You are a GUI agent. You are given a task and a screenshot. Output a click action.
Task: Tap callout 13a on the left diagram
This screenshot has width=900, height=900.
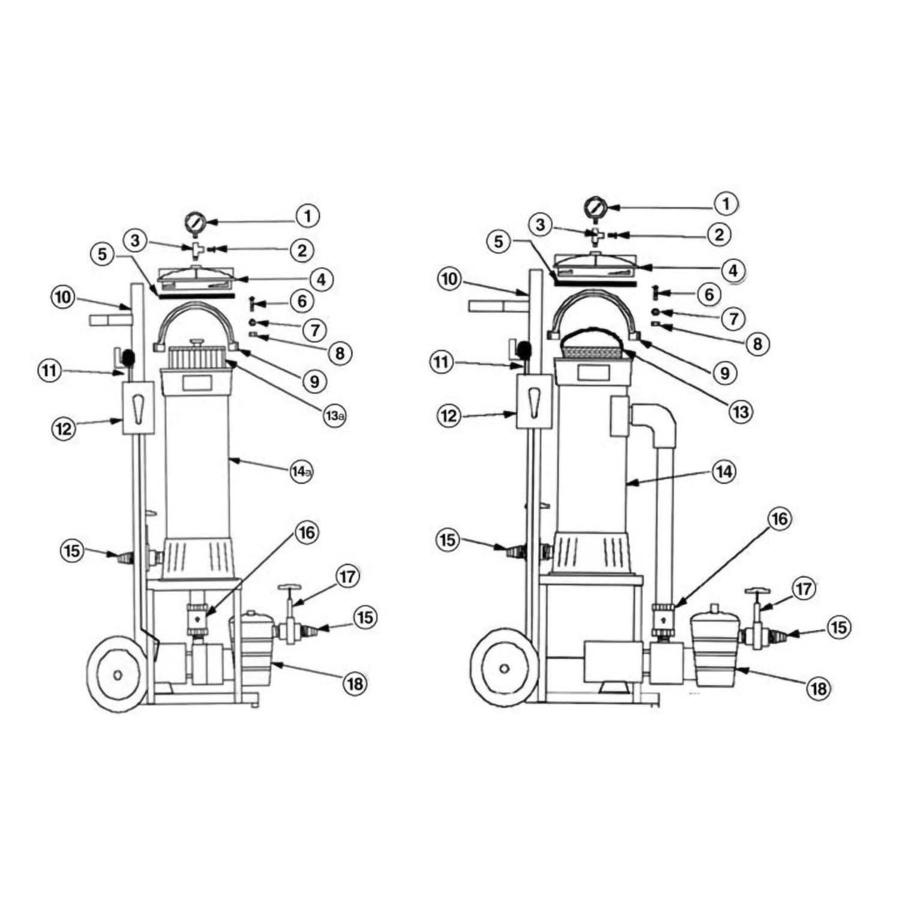tap(335, 416)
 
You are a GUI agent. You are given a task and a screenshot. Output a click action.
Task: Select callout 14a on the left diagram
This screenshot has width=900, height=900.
tap(301, 472)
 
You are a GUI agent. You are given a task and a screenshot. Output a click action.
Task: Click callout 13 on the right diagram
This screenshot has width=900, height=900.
tap(740, 412)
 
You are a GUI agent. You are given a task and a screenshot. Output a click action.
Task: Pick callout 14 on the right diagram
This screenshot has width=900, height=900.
tap(724, 471)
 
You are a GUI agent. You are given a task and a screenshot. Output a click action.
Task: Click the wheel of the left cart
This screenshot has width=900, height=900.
tap(117, 674)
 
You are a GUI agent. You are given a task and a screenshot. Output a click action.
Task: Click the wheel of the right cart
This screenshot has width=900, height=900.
tap(505, 667)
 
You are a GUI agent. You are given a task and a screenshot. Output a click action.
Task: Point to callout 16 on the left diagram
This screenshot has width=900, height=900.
tap(307, 532)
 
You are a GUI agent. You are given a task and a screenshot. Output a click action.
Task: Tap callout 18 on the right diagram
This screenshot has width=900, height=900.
tap(818, 688)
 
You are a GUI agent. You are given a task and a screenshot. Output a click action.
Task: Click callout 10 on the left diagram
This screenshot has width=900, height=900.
tap(64, 298)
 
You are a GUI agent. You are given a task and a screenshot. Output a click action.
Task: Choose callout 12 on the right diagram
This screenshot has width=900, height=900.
tap(449, 416)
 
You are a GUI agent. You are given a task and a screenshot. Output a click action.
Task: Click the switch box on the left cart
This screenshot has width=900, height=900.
tap(138, 407)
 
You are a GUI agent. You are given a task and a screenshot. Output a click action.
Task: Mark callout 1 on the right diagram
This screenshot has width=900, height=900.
tap(726, 204)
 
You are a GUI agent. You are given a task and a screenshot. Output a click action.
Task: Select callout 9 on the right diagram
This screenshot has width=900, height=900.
tap(725, 373)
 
